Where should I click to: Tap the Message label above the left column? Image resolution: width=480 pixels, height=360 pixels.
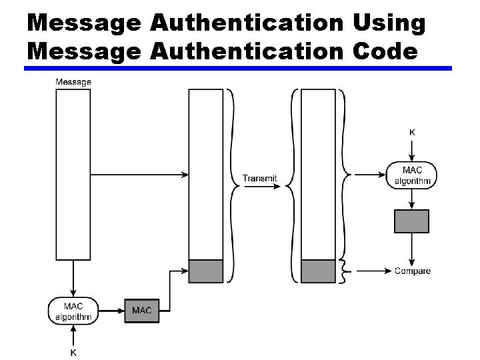click(73, 82)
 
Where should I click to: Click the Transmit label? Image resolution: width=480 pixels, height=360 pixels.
click(259, 178)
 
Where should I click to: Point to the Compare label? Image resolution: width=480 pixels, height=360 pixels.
click(413, 271)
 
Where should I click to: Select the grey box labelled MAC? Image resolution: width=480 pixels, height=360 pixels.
click(141, 311)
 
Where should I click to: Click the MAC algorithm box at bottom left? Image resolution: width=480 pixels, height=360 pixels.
click(73, 311)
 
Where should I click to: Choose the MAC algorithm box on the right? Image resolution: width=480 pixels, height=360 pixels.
click(413, 175)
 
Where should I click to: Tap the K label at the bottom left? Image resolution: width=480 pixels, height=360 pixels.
click(73, 352)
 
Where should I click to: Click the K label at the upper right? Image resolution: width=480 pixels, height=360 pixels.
click(412, 133)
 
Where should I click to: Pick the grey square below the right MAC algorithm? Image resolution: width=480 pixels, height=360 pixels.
click(412, 221)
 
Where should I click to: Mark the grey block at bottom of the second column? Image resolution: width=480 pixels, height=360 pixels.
click(206, 271)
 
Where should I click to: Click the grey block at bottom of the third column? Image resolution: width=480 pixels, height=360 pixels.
click(319, 271)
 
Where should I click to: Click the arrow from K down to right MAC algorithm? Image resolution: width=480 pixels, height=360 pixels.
click(412, 149)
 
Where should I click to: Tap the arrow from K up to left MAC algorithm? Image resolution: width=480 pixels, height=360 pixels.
click(73, 335)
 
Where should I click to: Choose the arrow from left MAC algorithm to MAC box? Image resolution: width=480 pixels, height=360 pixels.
click(111, 311)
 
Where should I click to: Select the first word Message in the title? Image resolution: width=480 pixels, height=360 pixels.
click(84, 23)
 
